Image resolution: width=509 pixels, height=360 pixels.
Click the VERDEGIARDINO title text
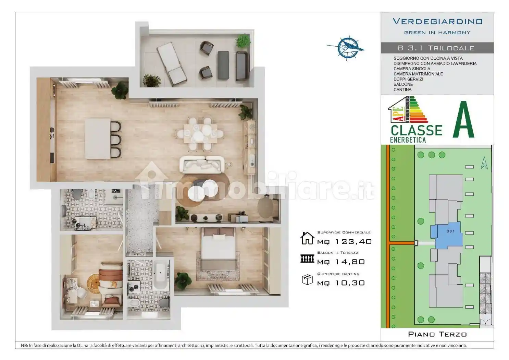[437, 22]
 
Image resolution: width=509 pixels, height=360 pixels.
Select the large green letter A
[463, 120]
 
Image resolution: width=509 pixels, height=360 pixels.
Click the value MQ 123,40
[344, 242]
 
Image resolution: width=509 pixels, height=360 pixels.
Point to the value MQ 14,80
[341, 262]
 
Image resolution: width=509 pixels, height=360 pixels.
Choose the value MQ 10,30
[341, 283]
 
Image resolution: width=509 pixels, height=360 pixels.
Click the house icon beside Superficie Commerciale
[307, 238]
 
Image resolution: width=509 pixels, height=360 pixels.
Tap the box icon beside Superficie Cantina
[307, 280]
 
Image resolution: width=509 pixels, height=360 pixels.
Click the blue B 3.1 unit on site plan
[447, 236]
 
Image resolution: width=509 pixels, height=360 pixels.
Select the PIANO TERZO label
[437, 334]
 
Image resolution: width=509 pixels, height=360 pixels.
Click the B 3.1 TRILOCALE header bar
[437, 48]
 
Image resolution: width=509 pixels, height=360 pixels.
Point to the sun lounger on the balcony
[172, 63]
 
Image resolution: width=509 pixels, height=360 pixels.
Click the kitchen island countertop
[98, 138]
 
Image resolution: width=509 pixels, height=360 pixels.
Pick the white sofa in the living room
[202, 164]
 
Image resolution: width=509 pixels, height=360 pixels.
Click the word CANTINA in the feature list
[402, 90]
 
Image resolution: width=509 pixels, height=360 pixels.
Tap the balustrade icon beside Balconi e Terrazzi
[307, 259]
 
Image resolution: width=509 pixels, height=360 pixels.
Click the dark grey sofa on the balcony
[241, 65]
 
